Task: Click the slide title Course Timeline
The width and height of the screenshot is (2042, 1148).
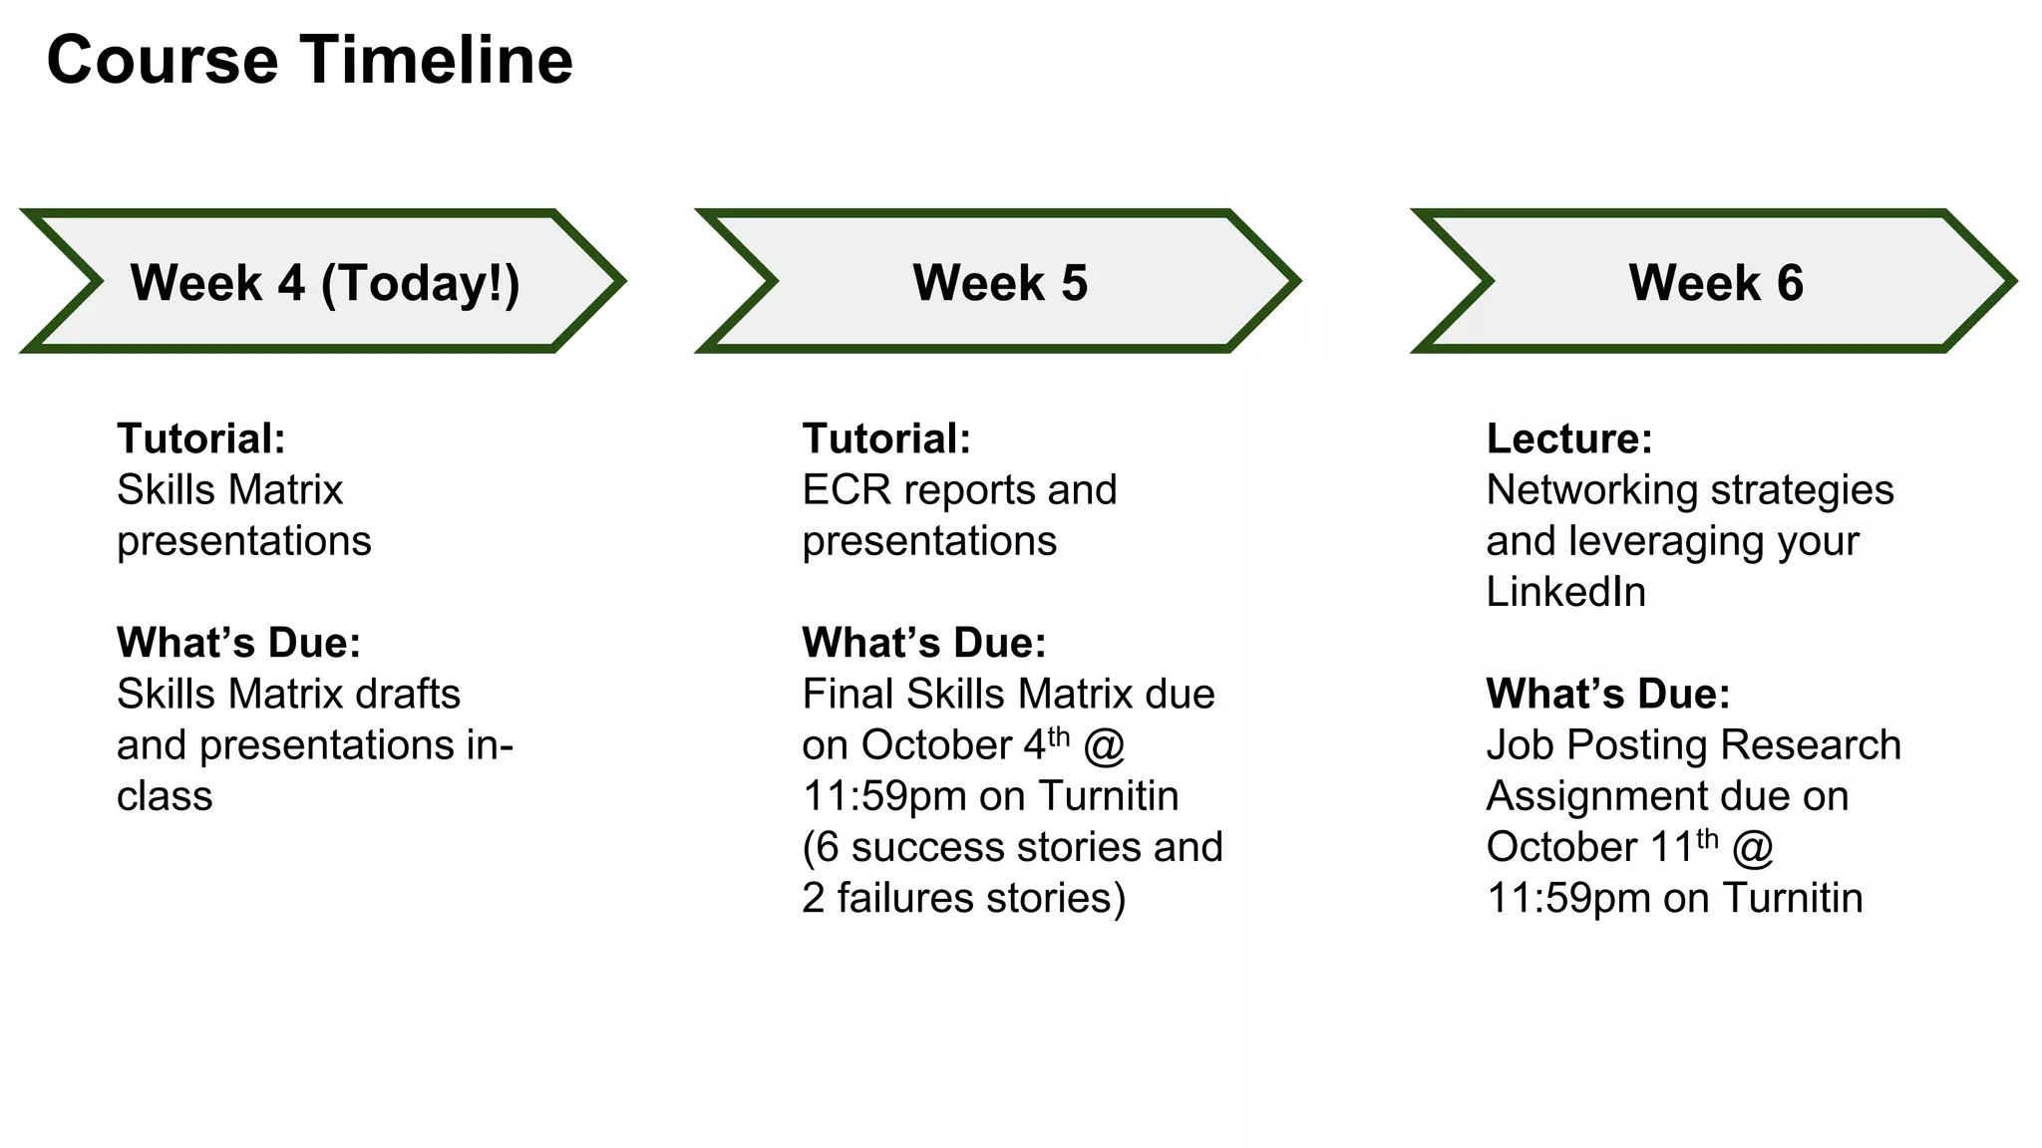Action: [309, 60]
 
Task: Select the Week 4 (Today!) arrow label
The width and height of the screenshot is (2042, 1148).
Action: [325, 282]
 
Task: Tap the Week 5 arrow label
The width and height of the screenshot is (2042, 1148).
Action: [1000, 282]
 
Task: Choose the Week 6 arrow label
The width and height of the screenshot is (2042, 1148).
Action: [1716, 282]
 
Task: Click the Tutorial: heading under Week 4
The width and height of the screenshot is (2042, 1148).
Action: [201, 438]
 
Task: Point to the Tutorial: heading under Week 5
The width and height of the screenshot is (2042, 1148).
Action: [886, 438]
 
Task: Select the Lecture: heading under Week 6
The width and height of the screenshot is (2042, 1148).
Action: [1569, 438]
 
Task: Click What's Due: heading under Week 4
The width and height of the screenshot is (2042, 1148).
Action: [238, 643]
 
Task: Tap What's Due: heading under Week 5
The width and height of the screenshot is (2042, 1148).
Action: [924, 643]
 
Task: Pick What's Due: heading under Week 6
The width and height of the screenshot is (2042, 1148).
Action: [1608, 694]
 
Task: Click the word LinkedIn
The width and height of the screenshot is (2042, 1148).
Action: [1565, 592]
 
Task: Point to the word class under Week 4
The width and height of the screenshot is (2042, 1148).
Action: [165, 796]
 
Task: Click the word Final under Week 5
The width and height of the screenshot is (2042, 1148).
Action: [848, 694]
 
